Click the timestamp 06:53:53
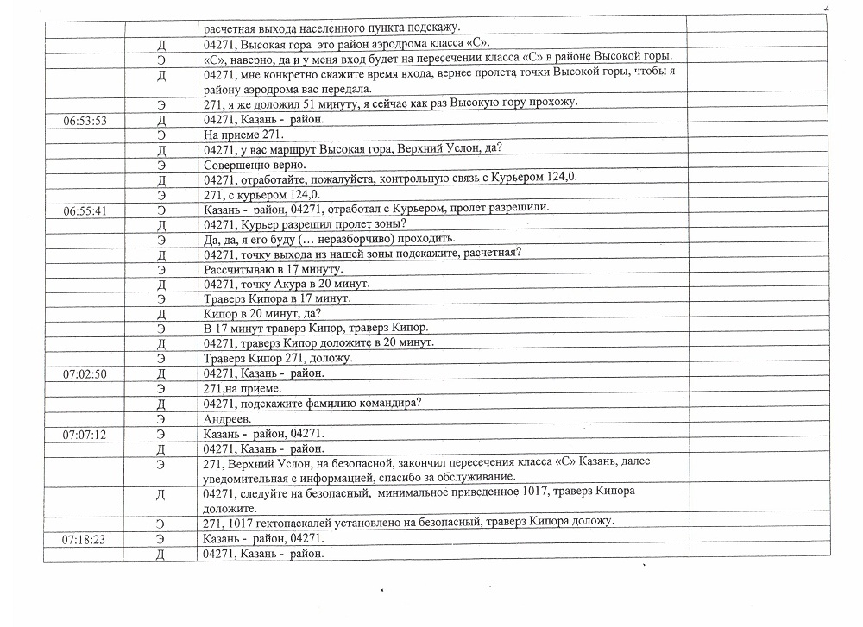point(85,121)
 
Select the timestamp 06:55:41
point(85,210)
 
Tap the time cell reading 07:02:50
point(85,373)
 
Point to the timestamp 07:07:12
point(85,434)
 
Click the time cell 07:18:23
point(85,538)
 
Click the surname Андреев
point(227,418)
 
